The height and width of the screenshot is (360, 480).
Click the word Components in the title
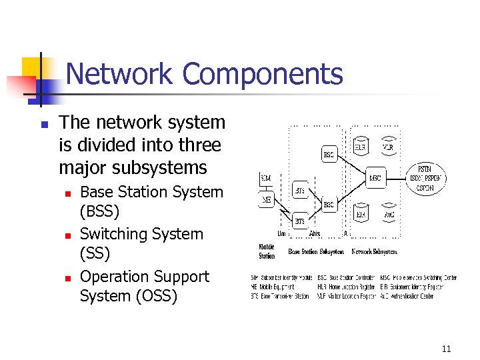(x=263, y=74)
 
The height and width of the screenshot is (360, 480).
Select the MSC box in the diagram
(x=376, y=178)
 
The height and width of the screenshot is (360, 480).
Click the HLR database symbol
(x=360, y=147)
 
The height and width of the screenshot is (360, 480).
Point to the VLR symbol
(x=387, y=147)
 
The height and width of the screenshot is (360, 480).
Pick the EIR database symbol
(x=360, y=214)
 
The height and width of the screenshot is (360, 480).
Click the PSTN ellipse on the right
(x=425, y=178)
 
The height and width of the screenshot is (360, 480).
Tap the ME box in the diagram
(x=266, y=198)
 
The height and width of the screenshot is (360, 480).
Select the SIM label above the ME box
(x=266, y=179)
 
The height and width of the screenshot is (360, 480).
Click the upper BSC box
(x=329, y=155)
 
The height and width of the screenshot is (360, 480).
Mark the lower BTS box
(x=300, y=221)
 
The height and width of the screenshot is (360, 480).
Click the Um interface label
(x=282, y=234)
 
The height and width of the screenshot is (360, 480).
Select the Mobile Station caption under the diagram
(x=267, y=251)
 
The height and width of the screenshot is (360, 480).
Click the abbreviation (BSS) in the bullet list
(x=99, y=212)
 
